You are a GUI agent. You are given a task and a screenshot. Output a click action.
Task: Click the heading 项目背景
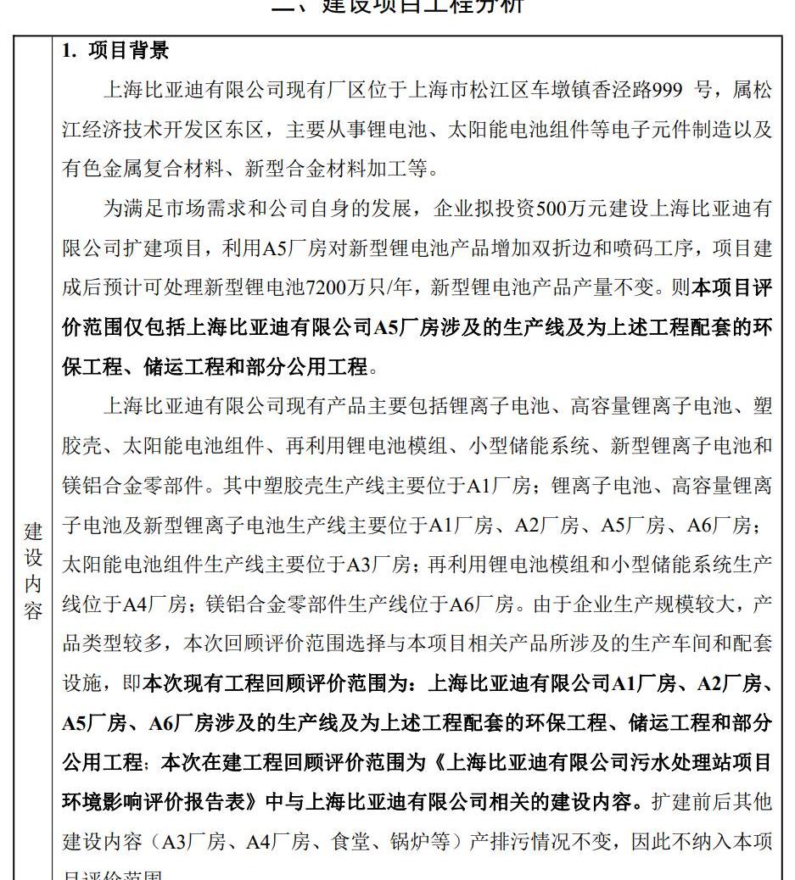tap(128, 51)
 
